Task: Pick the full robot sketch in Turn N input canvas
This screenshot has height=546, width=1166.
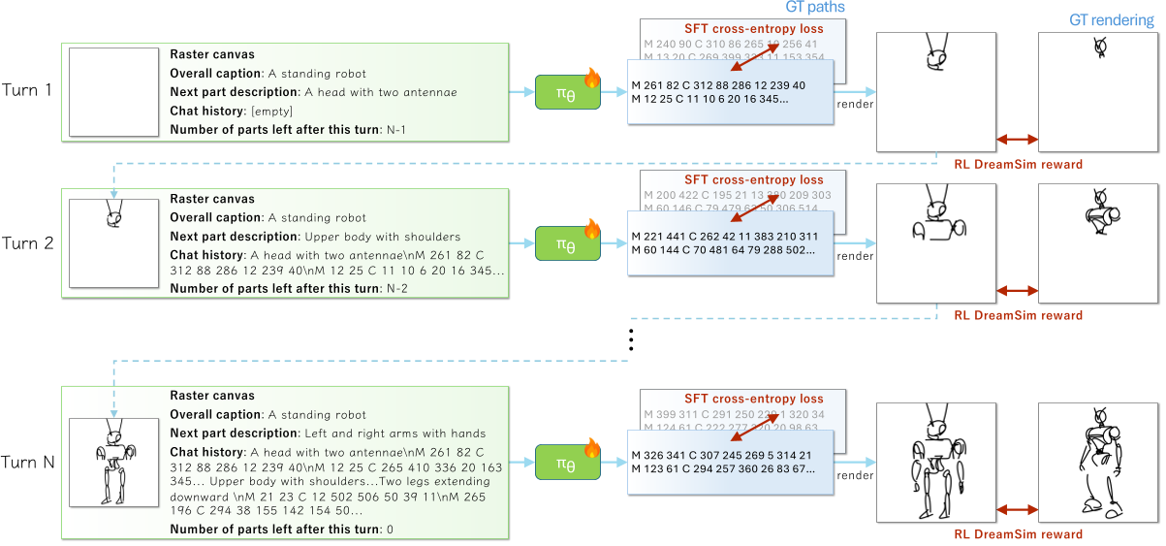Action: tap(112, 462)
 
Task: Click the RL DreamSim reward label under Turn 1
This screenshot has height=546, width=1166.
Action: tap(1018, 164)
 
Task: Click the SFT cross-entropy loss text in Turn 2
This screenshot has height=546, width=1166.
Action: tap(753, 179)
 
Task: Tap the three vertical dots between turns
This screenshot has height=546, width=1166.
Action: tap(630, 339)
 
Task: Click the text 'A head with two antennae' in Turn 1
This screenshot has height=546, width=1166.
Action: tap(380, 92)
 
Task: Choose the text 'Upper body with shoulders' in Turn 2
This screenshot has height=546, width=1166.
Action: tap(382, 236)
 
